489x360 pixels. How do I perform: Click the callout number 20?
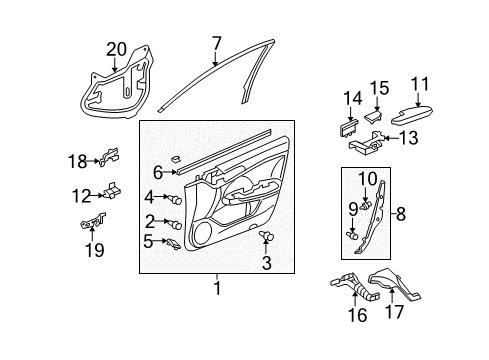pyautogui.click(x=116, y=48)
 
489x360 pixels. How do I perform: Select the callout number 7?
pyautogui.click(x=215, y=42)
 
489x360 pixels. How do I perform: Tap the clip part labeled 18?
pyautogui.click(x=110, y=157)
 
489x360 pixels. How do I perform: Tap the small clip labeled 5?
pyautogui.click(x=174, y=243)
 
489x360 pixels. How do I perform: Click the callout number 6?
pyautogui.click(x=158, y=171)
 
